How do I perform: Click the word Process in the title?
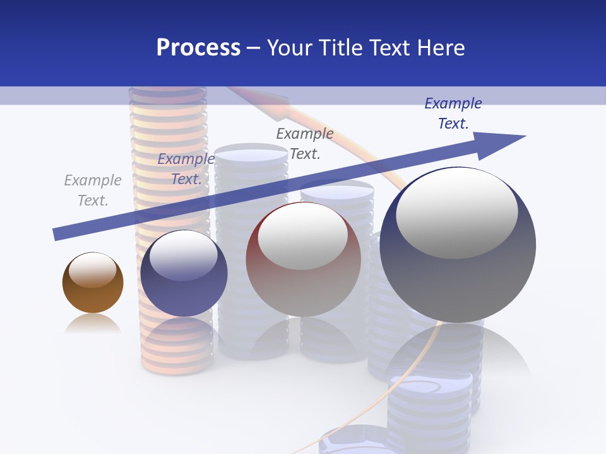pos(198,48)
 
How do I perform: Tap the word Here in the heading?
pos(439,48)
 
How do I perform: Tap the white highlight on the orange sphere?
pos(93,270)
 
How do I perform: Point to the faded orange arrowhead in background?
pos(275,105)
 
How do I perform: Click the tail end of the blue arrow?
pos(57,234)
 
